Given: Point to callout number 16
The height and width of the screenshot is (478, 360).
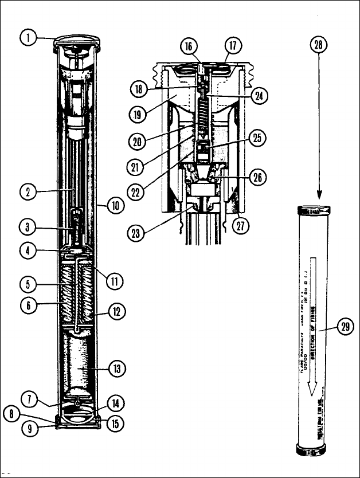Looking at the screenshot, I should [188, 45].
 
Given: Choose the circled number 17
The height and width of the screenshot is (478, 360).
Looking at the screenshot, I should [233, 45].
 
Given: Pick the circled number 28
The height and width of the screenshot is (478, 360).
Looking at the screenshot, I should [320, 45].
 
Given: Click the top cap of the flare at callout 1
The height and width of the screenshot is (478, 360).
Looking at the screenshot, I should [76, 42].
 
